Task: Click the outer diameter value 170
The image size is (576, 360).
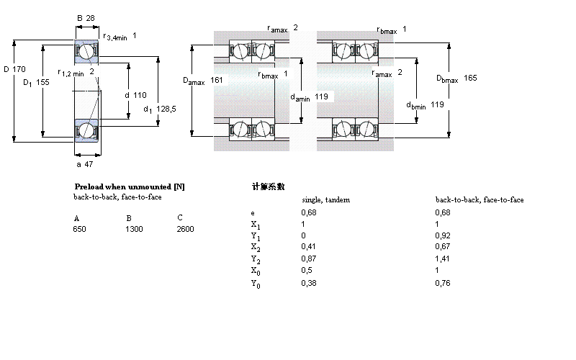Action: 19,69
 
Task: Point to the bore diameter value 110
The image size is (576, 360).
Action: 140,95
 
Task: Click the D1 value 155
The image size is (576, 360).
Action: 42,83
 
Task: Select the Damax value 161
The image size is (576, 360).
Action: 217,80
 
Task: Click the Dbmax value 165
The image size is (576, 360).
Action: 469,78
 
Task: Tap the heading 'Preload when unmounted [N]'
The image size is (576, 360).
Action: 129,186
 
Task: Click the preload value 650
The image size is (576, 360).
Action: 79,229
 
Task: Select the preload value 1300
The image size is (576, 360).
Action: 134,229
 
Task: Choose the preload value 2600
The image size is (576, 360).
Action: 185,229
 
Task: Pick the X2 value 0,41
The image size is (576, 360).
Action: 307,248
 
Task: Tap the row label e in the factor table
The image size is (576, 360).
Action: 252,213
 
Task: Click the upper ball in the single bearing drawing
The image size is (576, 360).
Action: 86,51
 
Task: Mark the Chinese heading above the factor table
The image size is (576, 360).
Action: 268,186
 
